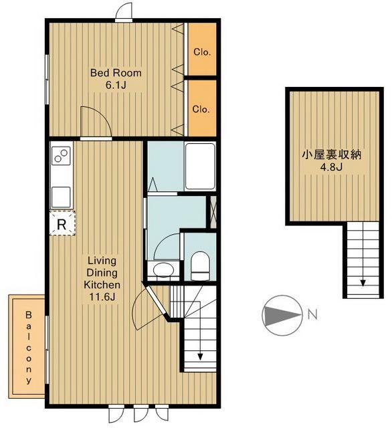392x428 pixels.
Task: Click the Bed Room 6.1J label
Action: coord(116,79)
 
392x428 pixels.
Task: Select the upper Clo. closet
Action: coord(201,51)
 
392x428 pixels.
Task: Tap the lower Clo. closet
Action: coord(201,108)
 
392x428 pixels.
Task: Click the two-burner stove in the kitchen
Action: coord(61,158)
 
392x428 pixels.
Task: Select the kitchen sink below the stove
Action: coord(61,195)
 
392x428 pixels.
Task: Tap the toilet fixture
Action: coord(200,266)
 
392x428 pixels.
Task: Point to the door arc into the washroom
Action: coord(165,244)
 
